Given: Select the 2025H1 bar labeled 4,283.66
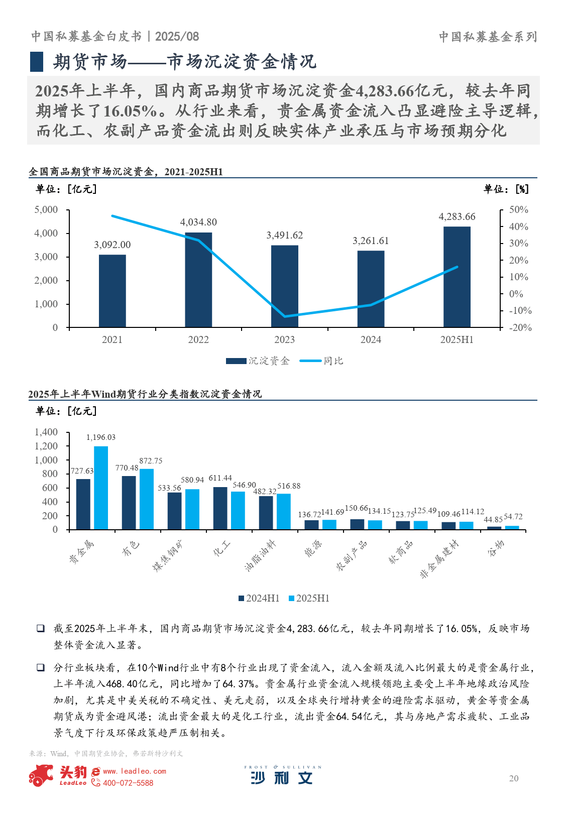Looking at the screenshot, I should [457, 277].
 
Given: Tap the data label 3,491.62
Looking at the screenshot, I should [285, 236].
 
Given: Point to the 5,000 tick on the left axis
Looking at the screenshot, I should [46, 210].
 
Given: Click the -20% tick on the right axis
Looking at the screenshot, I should [520, 327].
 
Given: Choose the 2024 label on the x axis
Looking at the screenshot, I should [371, 340].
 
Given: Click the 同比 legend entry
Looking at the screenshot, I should [322, 361].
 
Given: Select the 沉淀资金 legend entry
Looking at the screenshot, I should [258, 361].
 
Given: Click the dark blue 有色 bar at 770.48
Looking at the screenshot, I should [129, 503].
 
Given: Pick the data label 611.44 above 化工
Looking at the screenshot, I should [220, 478].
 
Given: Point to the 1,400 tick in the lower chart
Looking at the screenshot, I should [46, 432].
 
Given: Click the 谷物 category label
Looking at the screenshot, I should [495, 548].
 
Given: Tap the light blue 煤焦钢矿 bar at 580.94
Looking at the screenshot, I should [192, 509].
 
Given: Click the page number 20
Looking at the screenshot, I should [513, 778].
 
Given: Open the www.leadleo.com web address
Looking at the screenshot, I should [134, 771].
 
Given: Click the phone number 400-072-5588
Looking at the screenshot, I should [128, 783].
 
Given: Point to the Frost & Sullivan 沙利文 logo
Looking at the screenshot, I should [282, 776].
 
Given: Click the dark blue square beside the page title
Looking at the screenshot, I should [37, 61].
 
